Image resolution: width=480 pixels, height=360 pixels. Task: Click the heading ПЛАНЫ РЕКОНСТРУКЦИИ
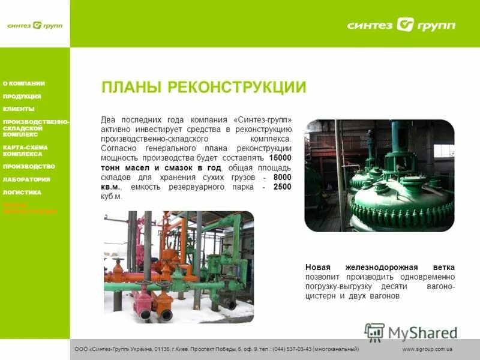click(x=203, y=88)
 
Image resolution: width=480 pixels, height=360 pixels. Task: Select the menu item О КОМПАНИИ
click(x=24, y=83)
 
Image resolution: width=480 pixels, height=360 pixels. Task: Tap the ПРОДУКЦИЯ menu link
click(x=22, y=96)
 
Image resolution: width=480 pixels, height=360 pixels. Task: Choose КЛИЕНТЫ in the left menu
click(x=19, y=109)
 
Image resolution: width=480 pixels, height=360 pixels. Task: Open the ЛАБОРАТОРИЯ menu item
click(x=26, y=179)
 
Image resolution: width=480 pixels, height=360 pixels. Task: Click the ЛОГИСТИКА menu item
click(x=22, y=193)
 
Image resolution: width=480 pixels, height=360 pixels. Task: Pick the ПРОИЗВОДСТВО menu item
click(x=29, y=166)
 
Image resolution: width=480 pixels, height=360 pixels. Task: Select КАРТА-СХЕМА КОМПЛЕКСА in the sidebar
click(x=25, y=150)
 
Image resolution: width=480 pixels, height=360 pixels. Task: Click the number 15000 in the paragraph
click(x=280, y=157)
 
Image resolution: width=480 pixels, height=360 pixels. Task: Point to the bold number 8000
click(x=282, y=177)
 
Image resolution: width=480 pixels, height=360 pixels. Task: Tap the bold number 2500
click(x=282, y=187)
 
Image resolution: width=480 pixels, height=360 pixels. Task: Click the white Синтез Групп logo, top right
click(x=401, y=25)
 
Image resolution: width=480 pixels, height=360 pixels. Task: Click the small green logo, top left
click(x=34, y=25)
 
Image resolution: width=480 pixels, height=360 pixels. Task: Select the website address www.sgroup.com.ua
click(x=427, y=349)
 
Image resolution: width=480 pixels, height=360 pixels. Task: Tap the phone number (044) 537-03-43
click(x=298, y=349)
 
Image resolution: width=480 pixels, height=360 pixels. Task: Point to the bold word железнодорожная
click(x=379, y=267)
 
